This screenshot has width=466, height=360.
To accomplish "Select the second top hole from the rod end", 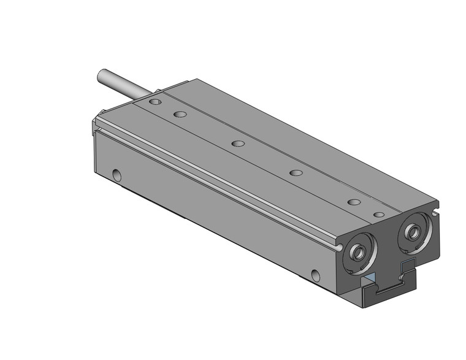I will click(x=180, y=113).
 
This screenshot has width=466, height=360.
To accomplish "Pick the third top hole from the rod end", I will click(x=238, y=144).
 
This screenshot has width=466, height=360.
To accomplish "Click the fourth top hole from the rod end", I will click(x=296, y=173).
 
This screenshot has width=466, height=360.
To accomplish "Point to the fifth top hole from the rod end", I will click(x=353, y=202).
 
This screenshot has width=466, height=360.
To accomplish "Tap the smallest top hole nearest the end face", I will click(x=379, y=215).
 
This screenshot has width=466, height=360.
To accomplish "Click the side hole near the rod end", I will click(x=117, y=176).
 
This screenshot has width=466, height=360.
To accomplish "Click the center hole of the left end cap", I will click(x=357, y=251).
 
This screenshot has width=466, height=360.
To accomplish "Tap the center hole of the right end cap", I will click(x=412, y=231).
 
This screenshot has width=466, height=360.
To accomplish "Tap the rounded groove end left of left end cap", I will click(x=339, y=246).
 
